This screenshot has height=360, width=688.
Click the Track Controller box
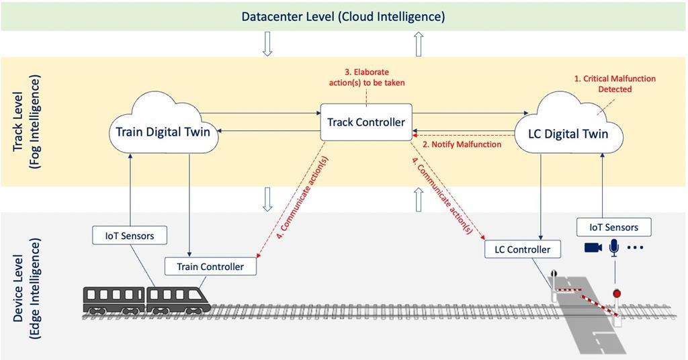click(366, 122)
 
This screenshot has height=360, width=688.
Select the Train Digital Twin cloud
click(163, 132)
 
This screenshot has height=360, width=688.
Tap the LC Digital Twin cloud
click(568, 133)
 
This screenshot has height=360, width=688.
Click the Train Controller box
click(210, 267)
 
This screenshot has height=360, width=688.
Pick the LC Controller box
click(522, 250)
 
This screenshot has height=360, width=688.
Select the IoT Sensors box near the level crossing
click(613, 227)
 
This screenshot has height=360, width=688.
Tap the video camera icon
click(593, 248)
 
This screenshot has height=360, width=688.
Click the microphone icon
click(613, 248)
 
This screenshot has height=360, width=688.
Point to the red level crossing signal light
click(615, 294)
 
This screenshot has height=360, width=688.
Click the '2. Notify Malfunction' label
click(461, 144)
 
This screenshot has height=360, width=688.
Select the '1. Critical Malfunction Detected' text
click(614, 84)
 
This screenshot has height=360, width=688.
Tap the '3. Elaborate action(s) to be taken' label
click(366, 77)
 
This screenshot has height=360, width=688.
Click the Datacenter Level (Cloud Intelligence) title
click(343, 15)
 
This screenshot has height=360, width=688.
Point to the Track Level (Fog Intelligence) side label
click(28, 122)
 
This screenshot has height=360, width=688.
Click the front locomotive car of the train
click(177, 300)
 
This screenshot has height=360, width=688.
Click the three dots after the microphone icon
click(635, 249)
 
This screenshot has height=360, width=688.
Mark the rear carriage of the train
click(114, 300)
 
